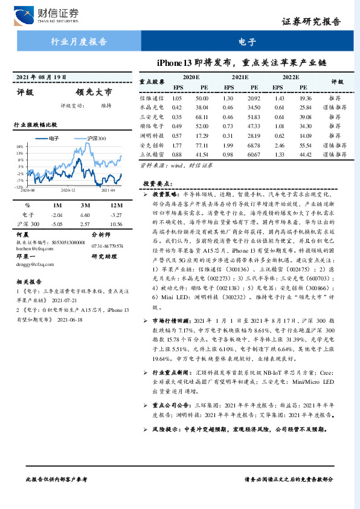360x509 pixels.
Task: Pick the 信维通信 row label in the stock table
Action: pyautogui.click(x=150, y=98)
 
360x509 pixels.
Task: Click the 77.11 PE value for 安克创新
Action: pyautogui.click(x=201, y=146)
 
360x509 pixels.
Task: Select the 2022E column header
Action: pyautogui.click(x=291, y=78)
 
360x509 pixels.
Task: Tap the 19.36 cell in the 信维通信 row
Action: pyautogui.click(x=305, y=98)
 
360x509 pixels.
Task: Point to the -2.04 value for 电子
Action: pyautogui.click(x=57, y=214)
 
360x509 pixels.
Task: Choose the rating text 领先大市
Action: pyautogui.click(x=94, y=93)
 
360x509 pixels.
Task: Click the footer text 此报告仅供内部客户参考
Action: pyautogui.click(x=57, y=478)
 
